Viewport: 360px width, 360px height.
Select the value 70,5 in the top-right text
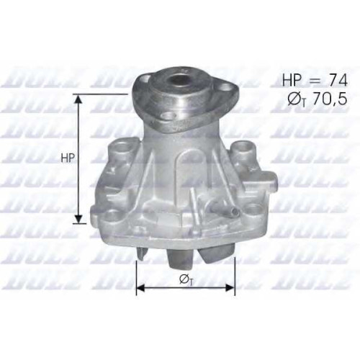click(330, 99)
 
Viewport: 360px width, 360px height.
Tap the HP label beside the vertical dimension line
click(68, 158)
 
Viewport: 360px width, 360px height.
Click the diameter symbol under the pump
click(184, 279)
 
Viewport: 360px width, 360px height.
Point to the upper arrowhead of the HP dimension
click(78, 99)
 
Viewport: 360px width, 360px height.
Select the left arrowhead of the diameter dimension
click(140, 287)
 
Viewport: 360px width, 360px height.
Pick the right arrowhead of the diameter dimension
click(230, 287)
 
